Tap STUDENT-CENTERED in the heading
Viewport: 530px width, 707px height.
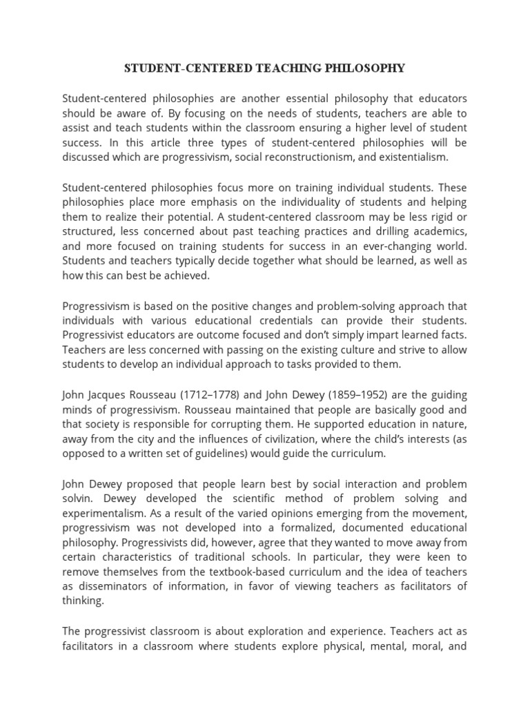click(174, 68)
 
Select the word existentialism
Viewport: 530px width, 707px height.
click(413, 157)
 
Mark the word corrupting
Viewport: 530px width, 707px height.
click(302, 425)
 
